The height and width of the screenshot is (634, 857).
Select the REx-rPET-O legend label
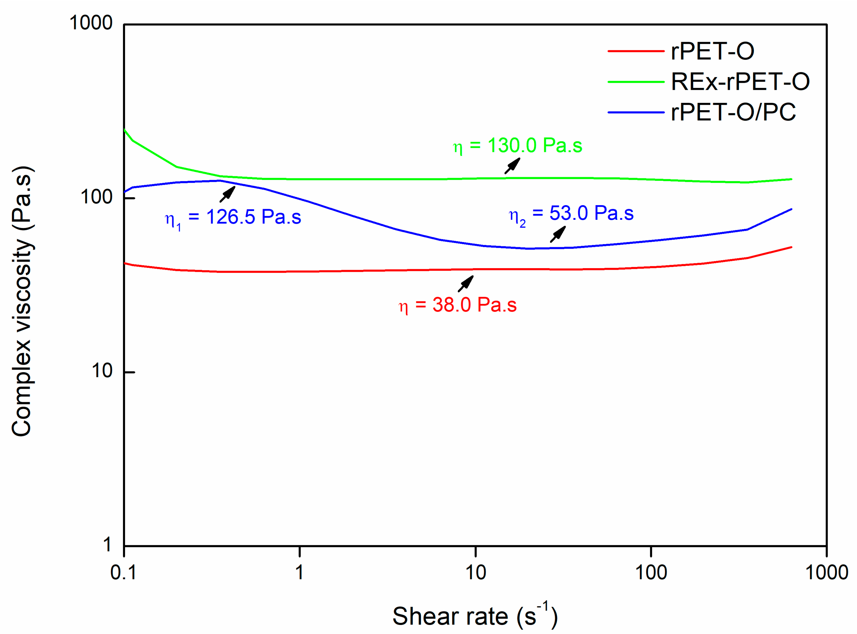(740, 82)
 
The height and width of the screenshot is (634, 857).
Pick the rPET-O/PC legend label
(733, 112)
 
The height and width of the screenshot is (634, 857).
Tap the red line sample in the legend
(636, 51)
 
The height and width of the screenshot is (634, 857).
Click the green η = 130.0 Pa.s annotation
(517, 146)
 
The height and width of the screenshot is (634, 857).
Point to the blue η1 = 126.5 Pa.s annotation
(233, 218)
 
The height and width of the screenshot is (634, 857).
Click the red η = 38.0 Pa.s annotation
(458, 305)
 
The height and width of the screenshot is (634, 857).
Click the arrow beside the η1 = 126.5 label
(227, 194)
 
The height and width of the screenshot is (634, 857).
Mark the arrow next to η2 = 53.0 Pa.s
(558, 234)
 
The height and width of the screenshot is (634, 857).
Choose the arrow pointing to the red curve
(466, 284)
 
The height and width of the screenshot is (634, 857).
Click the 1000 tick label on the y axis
(91, 23)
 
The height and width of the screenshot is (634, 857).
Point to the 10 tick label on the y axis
(102, 371)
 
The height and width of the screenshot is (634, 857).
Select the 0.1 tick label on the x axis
(123, 573)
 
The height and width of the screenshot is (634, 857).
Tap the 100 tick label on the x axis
(651, 573)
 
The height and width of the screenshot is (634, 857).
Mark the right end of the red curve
(791, 247)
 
